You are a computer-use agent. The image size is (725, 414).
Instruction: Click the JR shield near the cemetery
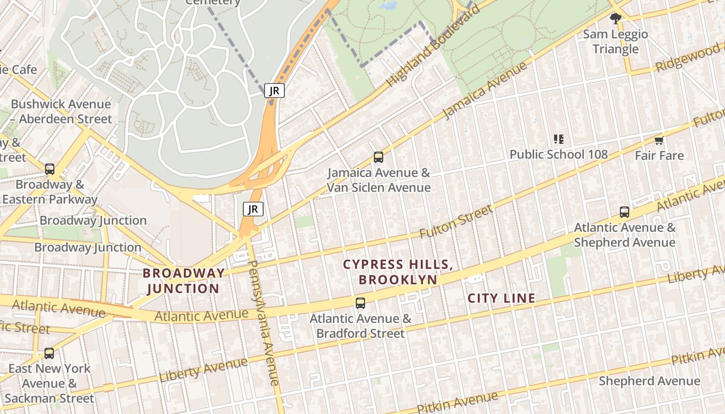tap(274, 91)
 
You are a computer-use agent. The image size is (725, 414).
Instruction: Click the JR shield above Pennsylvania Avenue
tap(253, 209)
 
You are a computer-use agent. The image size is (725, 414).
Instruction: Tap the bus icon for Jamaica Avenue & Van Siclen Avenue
tap(379, 157)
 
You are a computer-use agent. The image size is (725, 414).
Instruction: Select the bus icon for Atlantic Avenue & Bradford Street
tap(360, 303)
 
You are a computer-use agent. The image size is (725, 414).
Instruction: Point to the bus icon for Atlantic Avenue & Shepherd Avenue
tap(625, 212)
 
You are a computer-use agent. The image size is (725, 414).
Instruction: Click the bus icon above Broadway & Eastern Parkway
tap(50, 169)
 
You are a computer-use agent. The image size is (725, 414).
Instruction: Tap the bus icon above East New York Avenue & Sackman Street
tap(49, 353)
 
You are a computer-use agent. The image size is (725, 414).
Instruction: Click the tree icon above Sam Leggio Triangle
tap(615, 19)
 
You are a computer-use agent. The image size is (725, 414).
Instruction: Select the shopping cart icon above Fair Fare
tap(659, 140)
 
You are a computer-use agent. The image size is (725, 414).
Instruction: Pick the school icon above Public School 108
tap(559, 139)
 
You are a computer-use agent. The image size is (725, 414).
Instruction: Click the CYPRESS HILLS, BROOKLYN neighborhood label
tap(398, 272)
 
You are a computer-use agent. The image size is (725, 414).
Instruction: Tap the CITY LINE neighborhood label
tap(501, 298)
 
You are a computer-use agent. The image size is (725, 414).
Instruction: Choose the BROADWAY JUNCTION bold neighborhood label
tap(184, 280)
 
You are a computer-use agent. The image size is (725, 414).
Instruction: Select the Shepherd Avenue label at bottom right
tap(649, 381)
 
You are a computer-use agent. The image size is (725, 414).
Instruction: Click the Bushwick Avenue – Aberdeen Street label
tap(61, 111)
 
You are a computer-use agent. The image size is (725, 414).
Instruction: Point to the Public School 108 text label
tap(559, 154)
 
